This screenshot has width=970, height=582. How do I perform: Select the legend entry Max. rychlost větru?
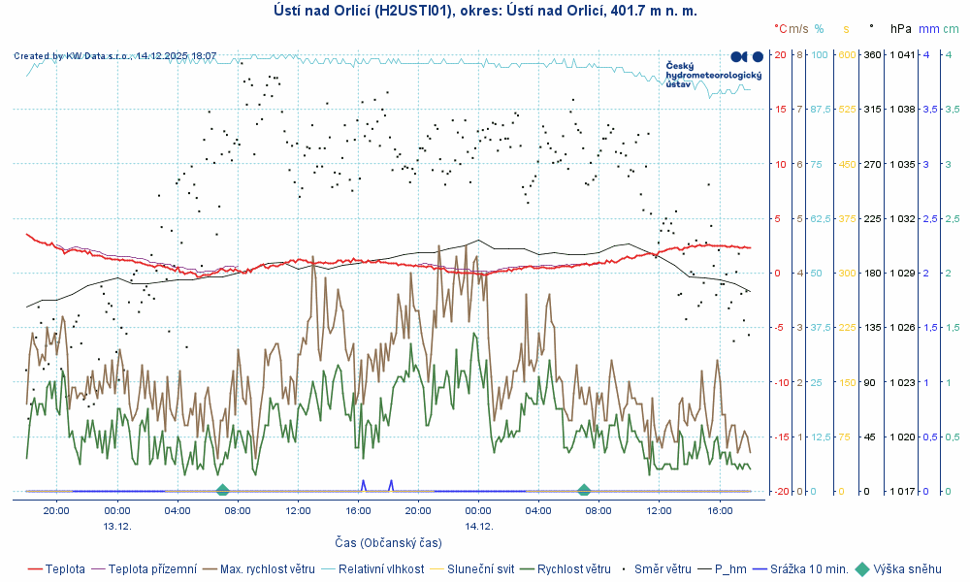click(266, 569)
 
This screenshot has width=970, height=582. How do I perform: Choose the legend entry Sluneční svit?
click(479, 569)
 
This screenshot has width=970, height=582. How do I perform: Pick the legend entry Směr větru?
click(662, 569)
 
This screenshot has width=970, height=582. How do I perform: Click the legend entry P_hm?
click(732, 569)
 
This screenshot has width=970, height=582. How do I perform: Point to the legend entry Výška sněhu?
click(906, 569)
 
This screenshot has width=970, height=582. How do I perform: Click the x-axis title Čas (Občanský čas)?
click(388, 542)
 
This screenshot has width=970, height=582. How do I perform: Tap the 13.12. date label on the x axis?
click(117, 526)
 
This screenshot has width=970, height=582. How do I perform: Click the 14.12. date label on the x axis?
click(479, 526)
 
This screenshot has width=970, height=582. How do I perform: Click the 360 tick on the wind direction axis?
click(871, 55)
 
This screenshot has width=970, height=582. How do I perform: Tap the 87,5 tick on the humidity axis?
click(821, 110)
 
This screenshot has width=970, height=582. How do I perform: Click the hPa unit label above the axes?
click(900, 29)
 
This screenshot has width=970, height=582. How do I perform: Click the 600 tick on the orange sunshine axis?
click(845, 55)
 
